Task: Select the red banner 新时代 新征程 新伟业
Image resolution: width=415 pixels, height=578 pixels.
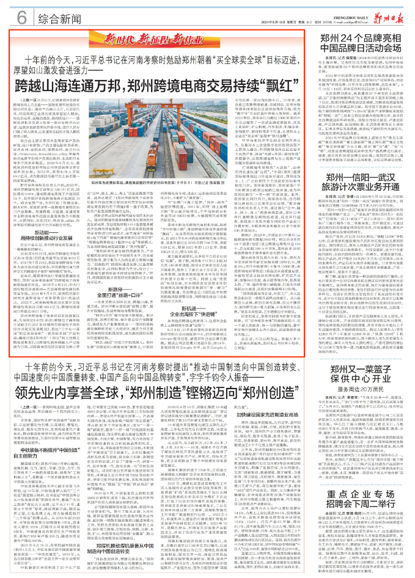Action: [164, 39]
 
